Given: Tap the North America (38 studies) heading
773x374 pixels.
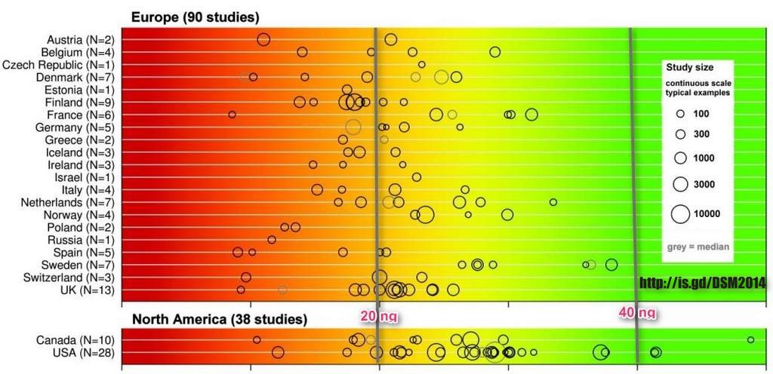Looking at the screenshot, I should (x=219, y=318).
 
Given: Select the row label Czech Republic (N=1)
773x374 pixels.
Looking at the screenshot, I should (x=59, y=64).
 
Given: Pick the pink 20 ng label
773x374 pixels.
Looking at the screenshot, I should (x=377, y=316).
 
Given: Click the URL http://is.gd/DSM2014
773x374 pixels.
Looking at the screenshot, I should (x=703, y=284).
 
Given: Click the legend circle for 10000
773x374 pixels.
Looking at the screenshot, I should (x=680, y=214).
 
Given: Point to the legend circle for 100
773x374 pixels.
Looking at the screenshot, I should (x=680, y=114).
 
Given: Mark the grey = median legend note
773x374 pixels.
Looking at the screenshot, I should (x=697, y=247).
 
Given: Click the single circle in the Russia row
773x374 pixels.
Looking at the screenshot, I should (x=272, y=240).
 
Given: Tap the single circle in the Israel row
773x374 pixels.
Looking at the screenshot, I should (x=417, y=177).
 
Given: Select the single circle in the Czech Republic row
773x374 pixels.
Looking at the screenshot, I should (x=422, y=64).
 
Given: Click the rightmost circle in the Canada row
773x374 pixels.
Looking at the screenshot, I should (x=750, y=340).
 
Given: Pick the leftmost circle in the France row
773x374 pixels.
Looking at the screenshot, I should (x=232, y=115).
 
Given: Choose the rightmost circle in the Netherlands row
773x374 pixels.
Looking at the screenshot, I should (x=553, y=202).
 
